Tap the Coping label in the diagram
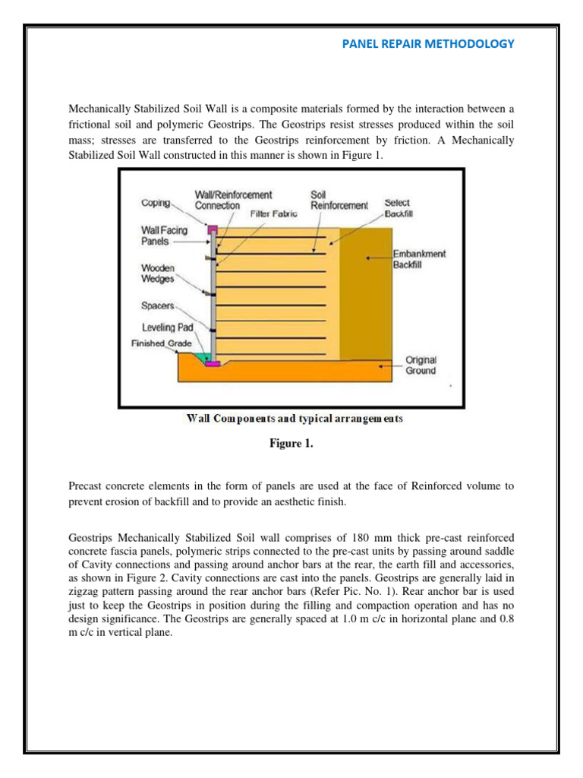pos(156,203)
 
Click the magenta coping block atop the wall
pos(213,228)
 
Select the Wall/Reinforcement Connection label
pos(233,201)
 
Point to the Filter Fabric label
pos(273,215)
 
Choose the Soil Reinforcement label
pos(339,201)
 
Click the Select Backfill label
pos(397,207)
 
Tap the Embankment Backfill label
pos(419,259)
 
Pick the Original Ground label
pos(421,365)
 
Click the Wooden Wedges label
pos(158,274)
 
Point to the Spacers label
pos(158,306)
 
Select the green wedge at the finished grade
pos(202,356)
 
